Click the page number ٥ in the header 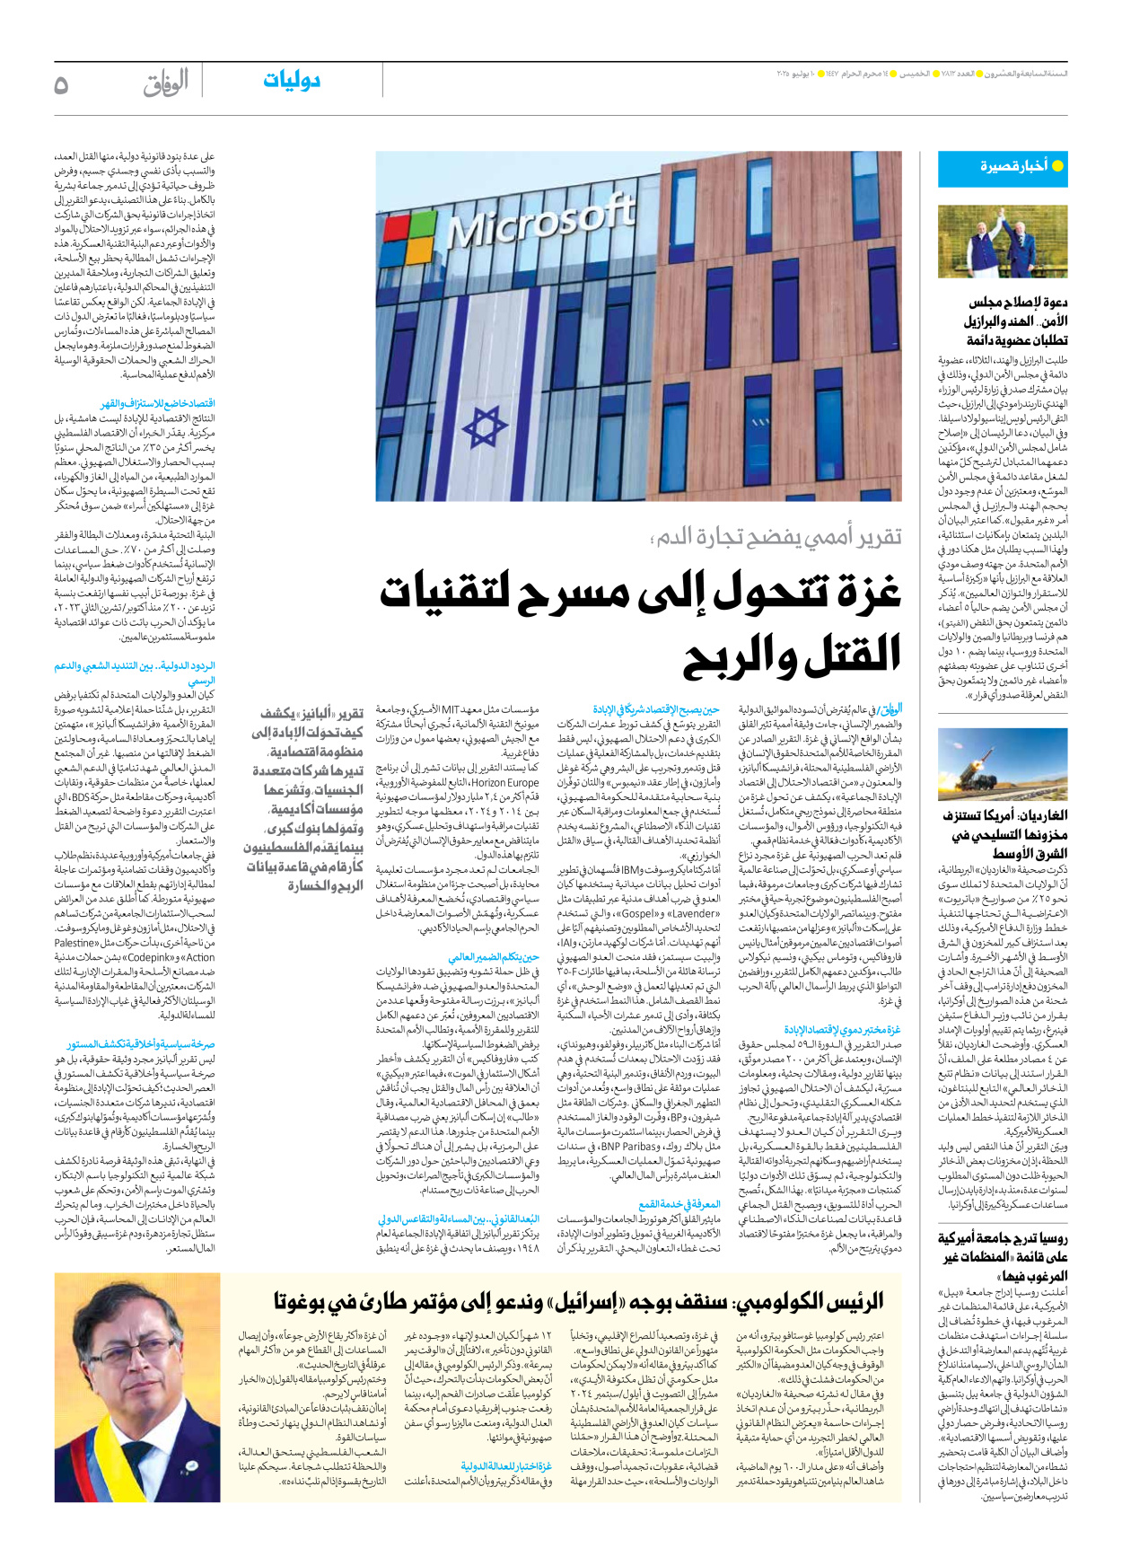coord(61,85)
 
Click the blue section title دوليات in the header coord(292,80)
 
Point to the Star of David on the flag coord(485,430)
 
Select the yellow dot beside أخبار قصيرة coord(1057,166)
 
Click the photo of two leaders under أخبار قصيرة coord(1003,242)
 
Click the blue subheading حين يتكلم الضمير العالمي coord(494,957)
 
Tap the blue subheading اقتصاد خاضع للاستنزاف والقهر coord(157,404)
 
